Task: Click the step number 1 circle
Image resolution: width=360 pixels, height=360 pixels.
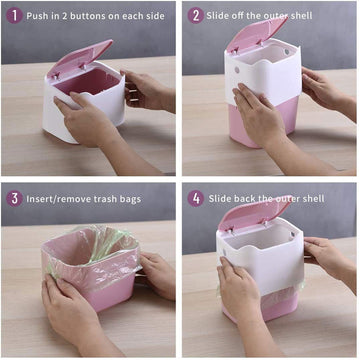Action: point(12,15)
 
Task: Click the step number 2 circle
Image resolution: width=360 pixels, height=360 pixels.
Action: point(195,15)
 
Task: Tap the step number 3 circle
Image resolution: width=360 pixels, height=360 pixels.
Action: point(12,198)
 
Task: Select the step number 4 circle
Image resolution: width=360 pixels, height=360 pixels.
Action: point(195,198)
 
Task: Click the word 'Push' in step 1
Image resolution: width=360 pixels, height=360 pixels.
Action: point(40,16)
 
